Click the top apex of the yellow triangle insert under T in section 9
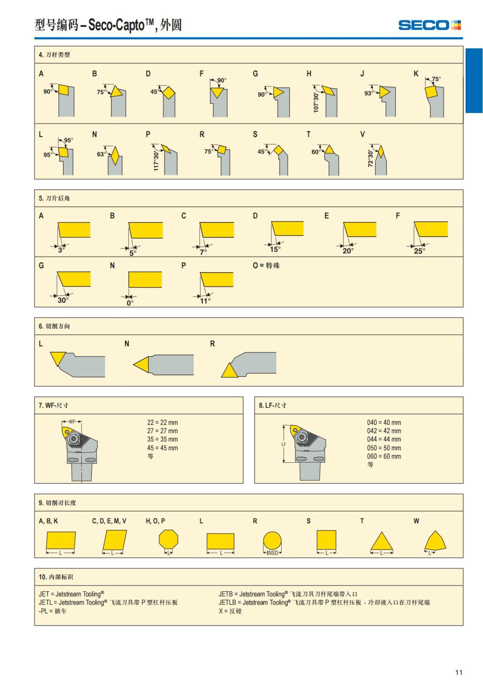(381, 532)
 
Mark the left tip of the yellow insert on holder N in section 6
(133, 364)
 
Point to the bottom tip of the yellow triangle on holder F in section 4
(217, 98)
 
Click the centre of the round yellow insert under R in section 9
(272, 541)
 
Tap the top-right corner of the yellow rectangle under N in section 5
(162, 272)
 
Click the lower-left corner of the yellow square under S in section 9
(317, 550)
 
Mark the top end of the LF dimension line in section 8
(284, 425)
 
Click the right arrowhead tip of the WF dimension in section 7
(81, 422)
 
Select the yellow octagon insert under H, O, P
(168, 540)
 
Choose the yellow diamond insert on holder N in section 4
(115, 156)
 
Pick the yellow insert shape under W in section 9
(435, 541)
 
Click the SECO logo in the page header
(429, 25)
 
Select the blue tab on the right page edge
(474, 81)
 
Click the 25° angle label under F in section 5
(419, 251)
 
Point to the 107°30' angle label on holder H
(316, 103)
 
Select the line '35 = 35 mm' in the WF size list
(163, 439)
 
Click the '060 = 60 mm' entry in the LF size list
(384, 457)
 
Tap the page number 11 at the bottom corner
(459, 672)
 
